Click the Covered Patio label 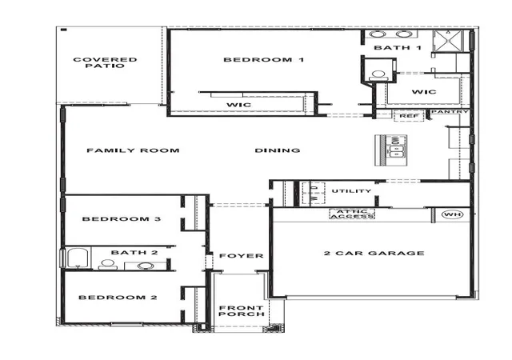coord(105,62)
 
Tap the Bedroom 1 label coord(264,60)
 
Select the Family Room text coord(133,150)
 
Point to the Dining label coord(278,150)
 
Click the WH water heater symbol coord(452,214)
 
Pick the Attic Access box coord(352,214)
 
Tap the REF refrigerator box coord(409,116)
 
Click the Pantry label coord(450,112)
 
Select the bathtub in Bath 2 coord(78,258)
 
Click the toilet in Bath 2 coord(108,265)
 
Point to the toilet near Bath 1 coord(378,75)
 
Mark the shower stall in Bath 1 coord(448,41)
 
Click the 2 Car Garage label coord(374,253)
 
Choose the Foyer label coord(242,256)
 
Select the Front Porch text coord(242,310)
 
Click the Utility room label coord(351,190)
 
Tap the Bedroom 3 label coord(122,219)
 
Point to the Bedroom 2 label coord(118,298)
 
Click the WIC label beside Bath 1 coord(424,92)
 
